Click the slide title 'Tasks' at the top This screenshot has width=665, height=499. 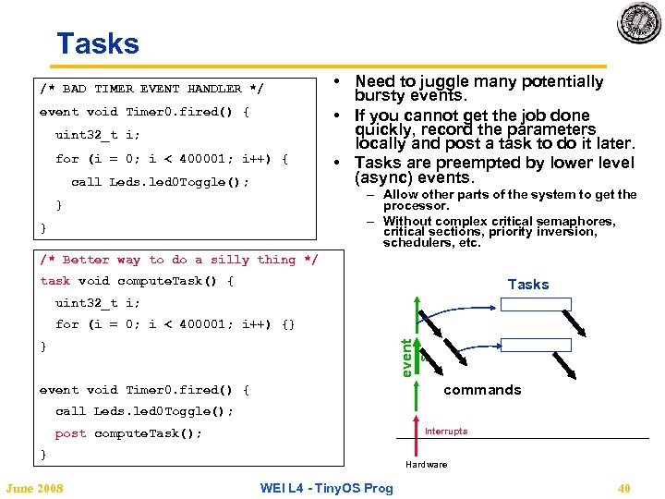[97, 44]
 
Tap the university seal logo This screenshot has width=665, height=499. [639, 23]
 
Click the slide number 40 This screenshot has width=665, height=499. [623, 488]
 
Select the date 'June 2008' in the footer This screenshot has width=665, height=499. [35, 488]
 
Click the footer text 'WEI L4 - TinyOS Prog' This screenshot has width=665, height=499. [326, 488]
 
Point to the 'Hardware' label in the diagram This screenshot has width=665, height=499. [426, 464]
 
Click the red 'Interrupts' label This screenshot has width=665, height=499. [446, 432]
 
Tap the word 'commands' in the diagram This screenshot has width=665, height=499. [482, 390]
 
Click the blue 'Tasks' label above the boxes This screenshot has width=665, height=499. [528, 285]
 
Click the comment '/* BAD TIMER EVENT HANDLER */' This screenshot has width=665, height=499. [151, 89]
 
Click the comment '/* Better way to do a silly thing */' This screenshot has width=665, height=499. [179, 261]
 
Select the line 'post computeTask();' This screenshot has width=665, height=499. [128, 433]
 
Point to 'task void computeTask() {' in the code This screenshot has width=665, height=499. [137, 281]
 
